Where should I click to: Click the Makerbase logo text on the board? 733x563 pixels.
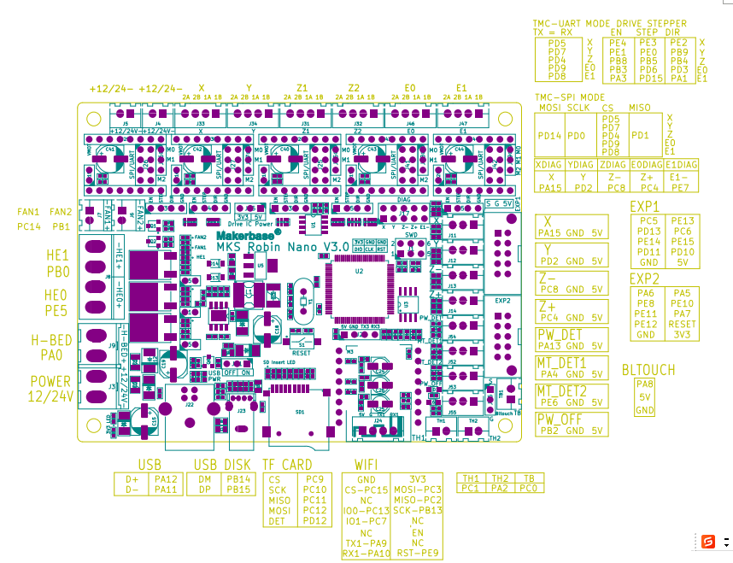[241, 232]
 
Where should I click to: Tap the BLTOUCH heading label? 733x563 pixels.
[648, 370]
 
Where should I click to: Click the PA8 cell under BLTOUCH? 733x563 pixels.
[645, 384]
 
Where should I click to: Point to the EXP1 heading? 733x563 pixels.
[644, 207]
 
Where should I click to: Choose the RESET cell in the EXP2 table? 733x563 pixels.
[682, 325]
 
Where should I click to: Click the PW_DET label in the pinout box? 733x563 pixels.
[560, 334]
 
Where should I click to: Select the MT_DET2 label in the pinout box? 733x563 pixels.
[561, 390]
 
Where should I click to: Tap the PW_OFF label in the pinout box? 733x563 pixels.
[560, 419]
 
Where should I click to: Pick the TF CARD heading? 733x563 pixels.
[287, 464]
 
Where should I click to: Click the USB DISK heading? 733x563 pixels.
[222, 464]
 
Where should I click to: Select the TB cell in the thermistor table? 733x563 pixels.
[529, 478]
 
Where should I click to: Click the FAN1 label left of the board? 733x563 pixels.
[28, 212]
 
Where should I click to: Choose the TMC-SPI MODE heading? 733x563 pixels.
[569, 97]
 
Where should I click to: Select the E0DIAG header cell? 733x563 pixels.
[647, 164]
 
